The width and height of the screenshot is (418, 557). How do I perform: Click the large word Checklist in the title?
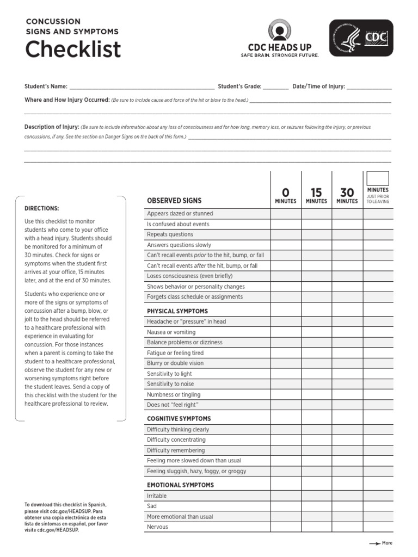coord(73,49)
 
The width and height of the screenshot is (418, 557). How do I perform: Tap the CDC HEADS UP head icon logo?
coord(280,31)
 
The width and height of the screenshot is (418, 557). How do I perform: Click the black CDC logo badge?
coord(360,38)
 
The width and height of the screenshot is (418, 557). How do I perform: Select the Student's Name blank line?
coord(142,86)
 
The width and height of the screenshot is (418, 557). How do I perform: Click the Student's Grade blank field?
coord(276,86)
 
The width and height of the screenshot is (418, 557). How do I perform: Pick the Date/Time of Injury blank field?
coord(368,86)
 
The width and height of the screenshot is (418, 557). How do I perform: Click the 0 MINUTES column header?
coord(286,195)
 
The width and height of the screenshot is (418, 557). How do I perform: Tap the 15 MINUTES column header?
coord(316,195)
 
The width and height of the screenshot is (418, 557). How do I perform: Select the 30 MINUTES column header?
coord(347,195)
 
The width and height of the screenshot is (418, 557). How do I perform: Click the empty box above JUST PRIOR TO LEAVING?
coord(378,178)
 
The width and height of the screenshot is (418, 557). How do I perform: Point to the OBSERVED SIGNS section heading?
coord(174,201)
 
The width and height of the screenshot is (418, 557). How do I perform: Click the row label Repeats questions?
coord(170,234)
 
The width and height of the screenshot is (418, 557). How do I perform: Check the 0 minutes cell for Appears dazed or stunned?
coord(286,214)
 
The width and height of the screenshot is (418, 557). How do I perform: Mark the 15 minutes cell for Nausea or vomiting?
coord(316,332)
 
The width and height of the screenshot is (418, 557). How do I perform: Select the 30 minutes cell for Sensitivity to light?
coord(347,374)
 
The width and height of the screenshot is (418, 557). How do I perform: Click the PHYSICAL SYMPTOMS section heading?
coord(177,311)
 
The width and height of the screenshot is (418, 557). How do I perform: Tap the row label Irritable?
coord(157,496)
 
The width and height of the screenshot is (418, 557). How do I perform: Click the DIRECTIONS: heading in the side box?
coord(42,208)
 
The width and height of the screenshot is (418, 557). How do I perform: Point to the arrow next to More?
coord(374,543)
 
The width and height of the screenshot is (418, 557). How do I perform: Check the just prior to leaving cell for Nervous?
coord(378,527)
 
